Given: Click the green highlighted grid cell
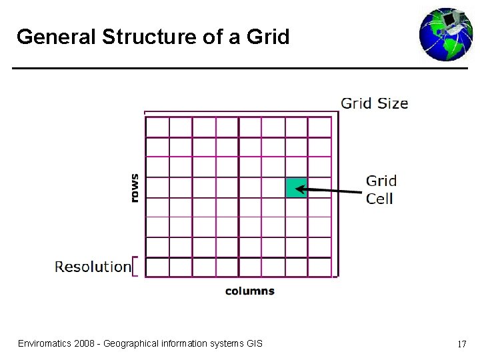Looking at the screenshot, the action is coord(296,187).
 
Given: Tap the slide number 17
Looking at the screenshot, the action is coord(461,345).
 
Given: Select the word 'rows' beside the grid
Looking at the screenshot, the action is coord(135,187).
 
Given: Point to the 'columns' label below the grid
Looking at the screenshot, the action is coord(249,291).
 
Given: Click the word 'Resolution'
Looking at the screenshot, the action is coord(93,267).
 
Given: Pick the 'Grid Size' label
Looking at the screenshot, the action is coord(374,103).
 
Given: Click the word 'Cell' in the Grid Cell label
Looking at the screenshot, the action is coord(379,198).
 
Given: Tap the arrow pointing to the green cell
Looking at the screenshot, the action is coord(329,191).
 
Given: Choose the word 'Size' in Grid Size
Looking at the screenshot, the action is coord(393,103).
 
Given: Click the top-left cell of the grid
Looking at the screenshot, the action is coord(157,127).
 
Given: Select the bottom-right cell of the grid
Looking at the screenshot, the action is coord(319,267).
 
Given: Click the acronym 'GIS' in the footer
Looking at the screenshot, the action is coord(254,343).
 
